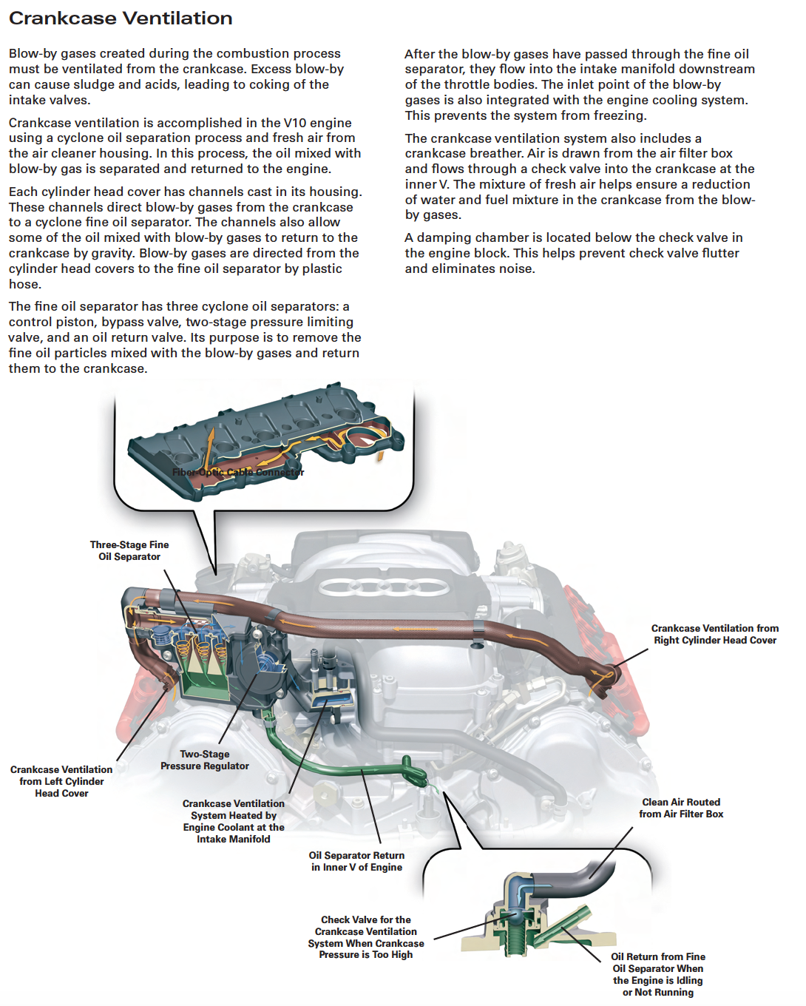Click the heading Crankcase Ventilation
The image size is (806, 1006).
tap(121, 18)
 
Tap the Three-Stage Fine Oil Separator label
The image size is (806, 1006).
tap(129, 550)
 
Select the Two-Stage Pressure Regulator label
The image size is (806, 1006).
tap(205, 760)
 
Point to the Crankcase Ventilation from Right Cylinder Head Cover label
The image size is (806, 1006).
tap(714, 634)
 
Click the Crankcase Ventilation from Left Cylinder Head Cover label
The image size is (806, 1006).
tap(61, 781)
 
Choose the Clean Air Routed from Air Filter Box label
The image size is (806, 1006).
tap(681, 808)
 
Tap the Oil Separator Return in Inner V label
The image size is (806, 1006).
tap(356, 861)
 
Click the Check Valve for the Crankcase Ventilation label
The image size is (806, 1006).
tap(366, 937)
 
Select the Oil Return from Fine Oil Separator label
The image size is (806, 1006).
tap(657, 974)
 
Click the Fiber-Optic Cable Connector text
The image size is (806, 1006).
tap(238, 472)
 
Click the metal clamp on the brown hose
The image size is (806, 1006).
tap(478, 630)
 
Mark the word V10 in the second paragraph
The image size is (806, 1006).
tap(295, 123)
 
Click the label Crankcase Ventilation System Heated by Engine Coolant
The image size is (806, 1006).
tap(234, 821)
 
